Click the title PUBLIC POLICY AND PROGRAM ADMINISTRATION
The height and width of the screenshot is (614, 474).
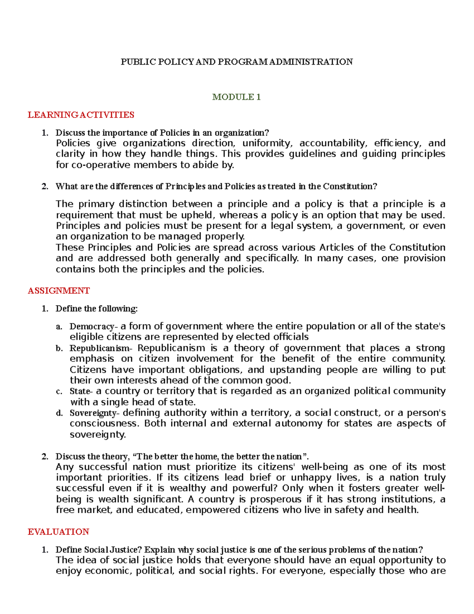click(237, 62)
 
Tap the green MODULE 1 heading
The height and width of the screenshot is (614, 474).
click(236, 97)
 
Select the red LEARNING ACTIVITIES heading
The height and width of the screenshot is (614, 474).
click(81, 115)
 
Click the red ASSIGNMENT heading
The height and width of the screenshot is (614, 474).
click(59, 291)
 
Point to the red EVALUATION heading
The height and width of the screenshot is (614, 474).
click(58, 532)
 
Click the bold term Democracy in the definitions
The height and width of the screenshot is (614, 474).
click(92, 327)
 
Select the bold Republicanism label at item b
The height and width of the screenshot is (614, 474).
click(100, 348)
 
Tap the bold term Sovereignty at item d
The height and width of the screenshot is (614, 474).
click(93, 413)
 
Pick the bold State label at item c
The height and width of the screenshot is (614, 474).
click(80, 391)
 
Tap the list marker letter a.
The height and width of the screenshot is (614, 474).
click(59, 327)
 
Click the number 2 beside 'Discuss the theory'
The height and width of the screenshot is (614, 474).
click(45, 457)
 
